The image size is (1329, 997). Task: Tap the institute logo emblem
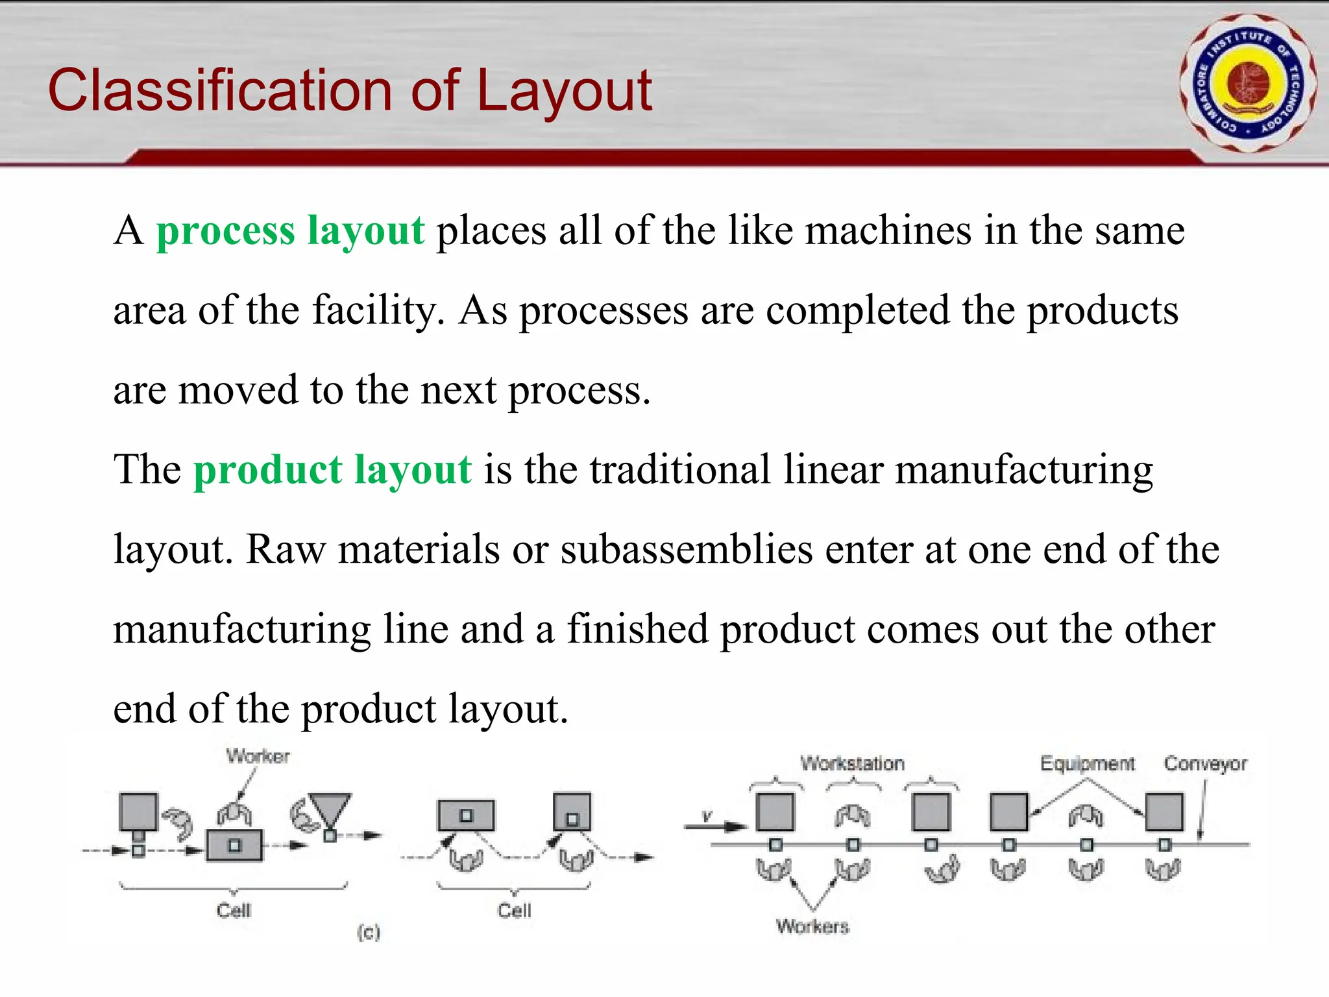[1248, 84]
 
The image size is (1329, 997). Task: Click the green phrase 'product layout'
[332, 469]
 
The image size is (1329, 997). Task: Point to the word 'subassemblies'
[687, 549]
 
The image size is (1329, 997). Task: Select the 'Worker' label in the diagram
[258, 756]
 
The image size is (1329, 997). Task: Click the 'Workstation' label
[852, 763]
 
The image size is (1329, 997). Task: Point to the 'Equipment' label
[1088, 763]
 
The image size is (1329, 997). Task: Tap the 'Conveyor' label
[1205, 764]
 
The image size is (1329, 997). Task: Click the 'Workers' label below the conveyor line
[812, 926]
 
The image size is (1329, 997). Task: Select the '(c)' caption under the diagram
[368, 933]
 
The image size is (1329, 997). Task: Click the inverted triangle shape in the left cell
[330, 809]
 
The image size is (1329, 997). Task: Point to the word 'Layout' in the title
[564, 90]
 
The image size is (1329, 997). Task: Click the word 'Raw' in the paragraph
[285, 549]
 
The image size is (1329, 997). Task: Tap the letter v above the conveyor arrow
[707, 816]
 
